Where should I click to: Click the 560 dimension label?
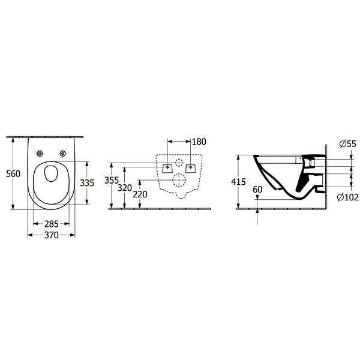coord(13,174)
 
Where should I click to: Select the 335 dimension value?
coord(87,183)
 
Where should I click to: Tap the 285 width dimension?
coord(52,224)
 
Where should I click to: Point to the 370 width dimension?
coord(52,235)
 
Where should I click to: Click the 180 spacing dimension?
coord(199,142)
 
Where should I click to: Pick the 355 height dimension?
coord(112,181)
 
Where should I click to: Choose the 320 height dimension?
coord(125,188)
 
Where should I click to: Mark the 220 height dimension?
coord(140,194)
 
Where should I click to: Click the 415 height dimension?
coord(238,182)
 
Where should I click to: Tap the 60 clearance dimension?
coord(257,190)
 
